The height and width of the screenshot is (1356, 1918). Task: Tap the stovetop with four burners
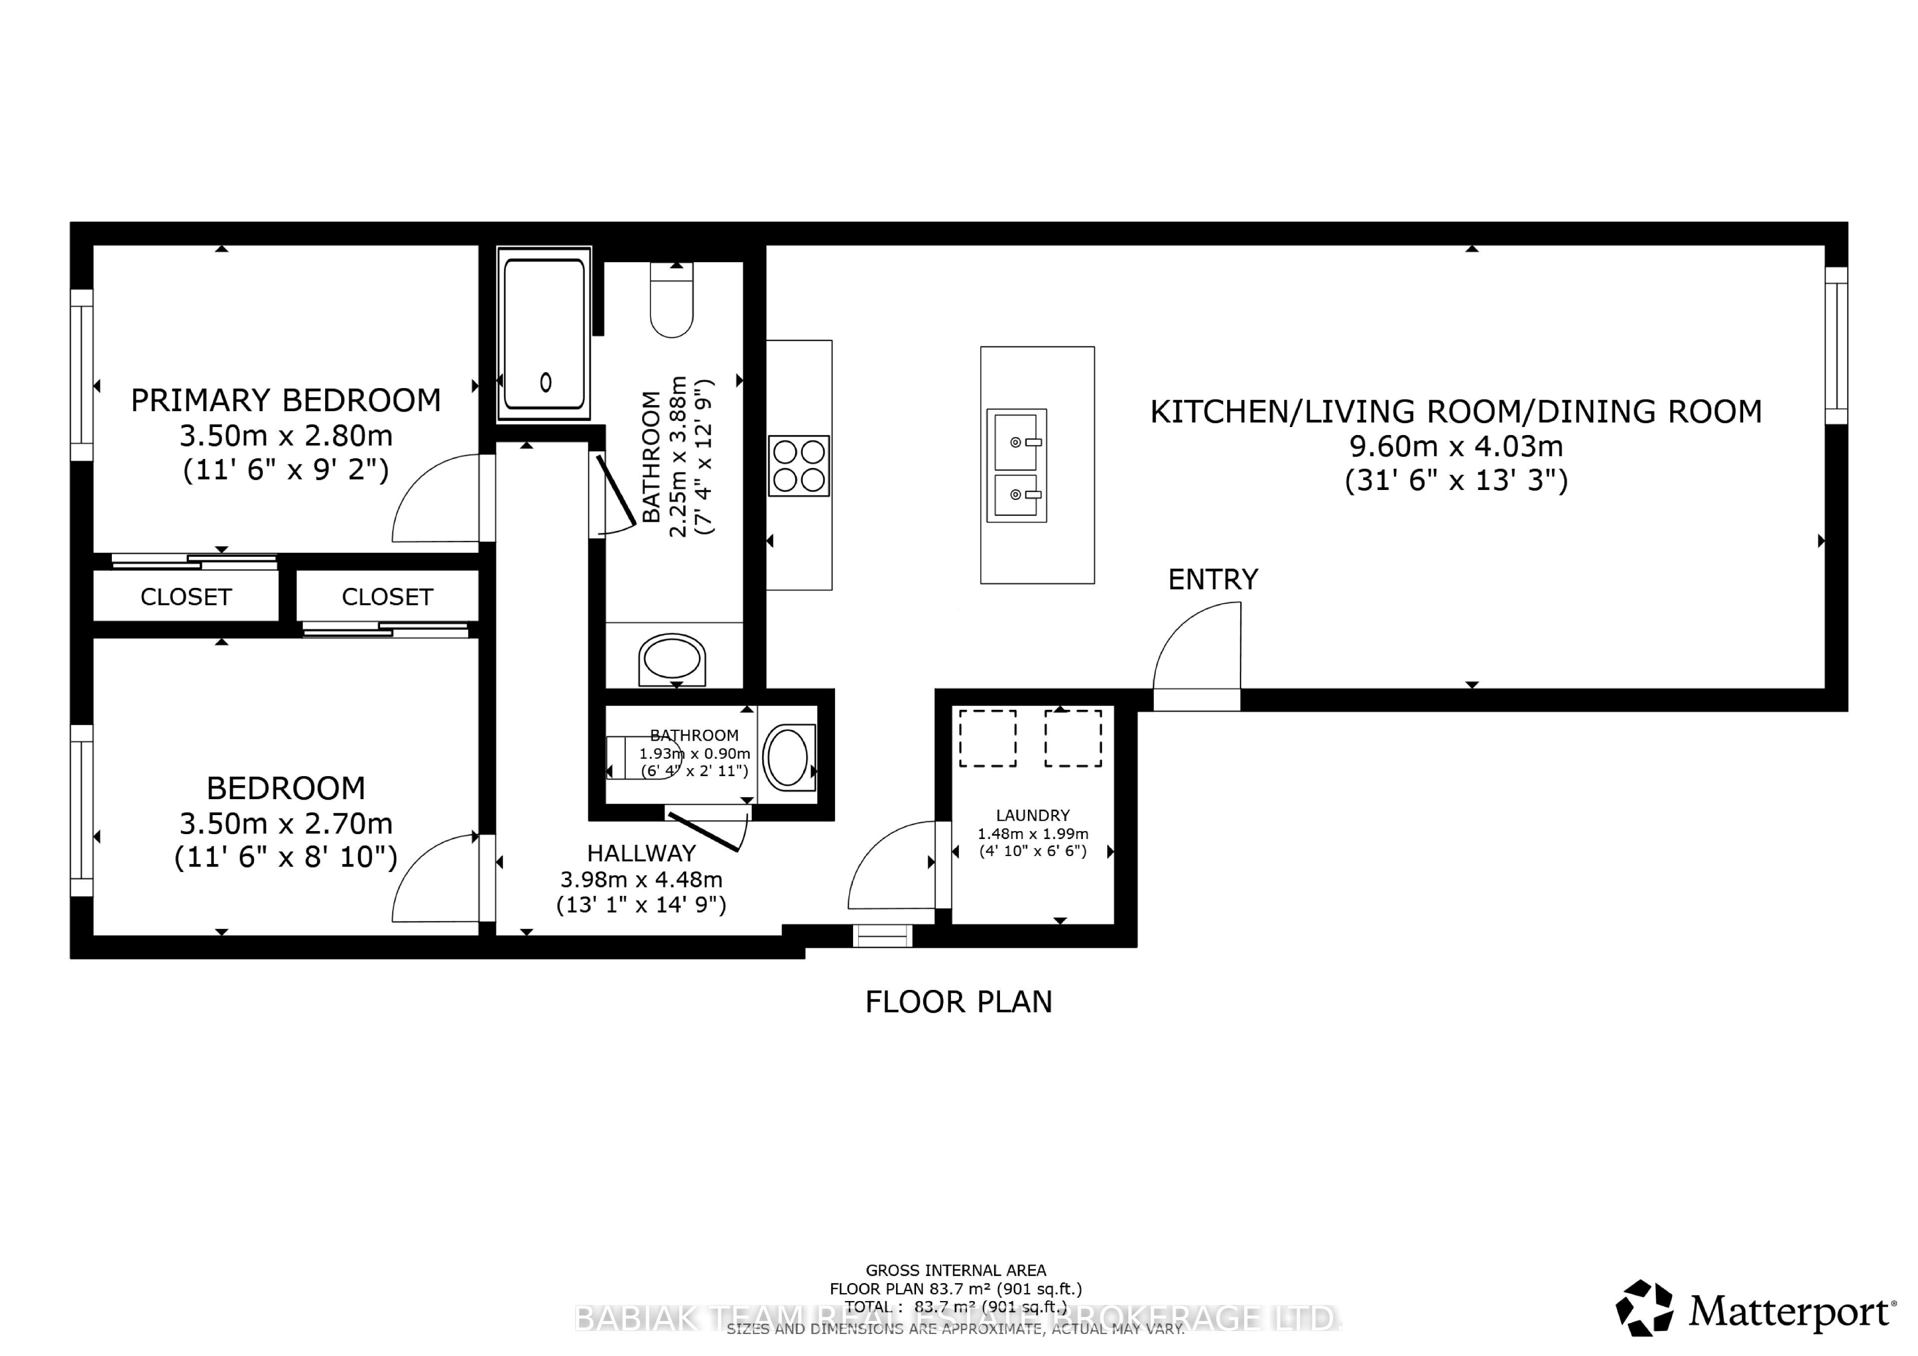tap(799, 465)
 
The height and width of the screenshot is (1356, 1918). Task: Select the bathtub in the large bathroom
tap(544, 333)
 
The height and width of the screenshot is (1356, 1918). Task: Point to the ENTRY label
tap(1212, 579)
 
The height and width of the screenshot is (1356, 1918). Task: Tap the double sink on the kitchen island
tap(1016, 465)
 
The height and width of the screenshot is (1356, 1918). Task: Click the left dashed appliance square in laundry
tap(987, 738)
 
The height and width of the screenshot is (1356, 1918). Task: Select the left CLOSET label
tap(185, 596)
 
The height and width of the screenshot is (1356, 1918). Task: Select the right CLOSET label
tap(387, 596)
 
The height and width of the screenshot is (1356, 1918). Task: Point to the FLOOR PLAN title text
tap(958, 1002)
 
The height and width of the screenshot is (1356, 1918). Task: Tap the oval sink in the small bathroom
tap(787, 757)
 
